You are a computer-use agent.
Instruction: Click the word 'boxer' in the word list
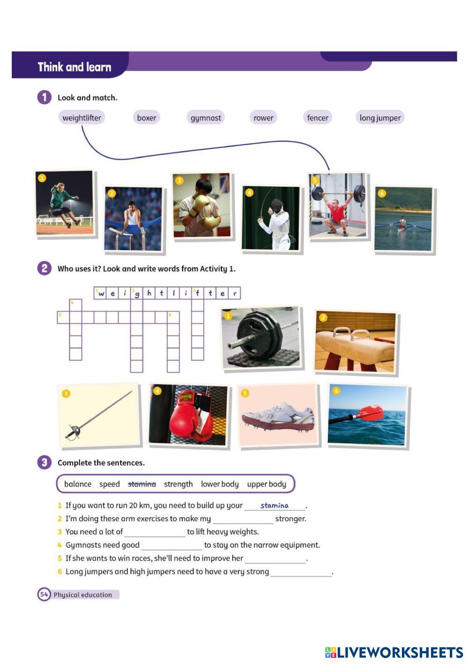[x=146, y=118]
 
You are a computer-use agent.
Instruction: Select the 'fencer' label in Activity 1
[x=318, y=118]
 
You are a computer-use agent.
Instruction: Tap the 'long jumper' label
[x=380, y=118]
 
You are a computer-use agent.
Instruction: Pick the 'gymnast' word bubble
[x=205, y=118]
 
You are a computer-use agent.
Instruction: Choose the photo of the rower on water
[x=403, y=218]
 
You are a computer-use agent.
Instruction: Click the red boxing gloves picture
[x=189, y=415]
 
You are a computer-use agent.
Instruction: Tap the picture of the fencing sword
[x=99, y=415]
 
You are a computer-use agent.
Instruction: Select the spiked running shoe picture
[x=278, y=416]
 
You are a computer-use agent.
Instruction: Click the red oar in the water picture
[x=367, y=415]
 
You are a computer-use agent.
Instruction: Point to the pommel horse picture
[x=355, y=342]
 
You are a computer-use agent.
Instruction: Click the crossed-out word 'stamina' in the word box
[x=142, y=484]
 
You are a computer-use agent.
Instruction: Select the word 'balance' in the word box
[x=78, y=484]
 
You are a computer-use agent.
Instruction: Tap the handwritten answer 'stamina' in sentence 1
[x=274, y=505]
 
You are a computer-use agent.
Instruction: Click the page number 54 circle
[x=44, y=595]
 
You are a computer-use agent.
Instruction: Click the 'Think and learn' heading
[x=74, y=67]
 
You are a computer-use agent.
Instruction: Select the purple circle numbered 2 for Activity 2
[x=44, y=268]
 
